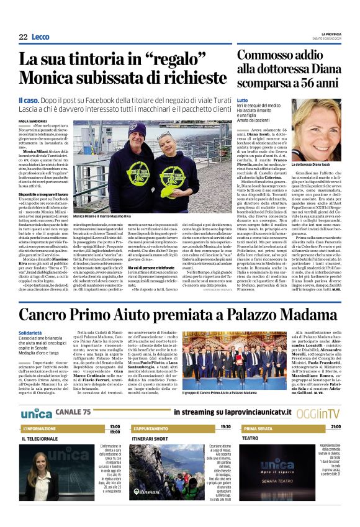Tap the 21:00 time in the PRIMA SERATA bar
click(x=335, y=427)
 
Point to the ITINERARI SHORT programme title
click(x=149, y=438)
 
